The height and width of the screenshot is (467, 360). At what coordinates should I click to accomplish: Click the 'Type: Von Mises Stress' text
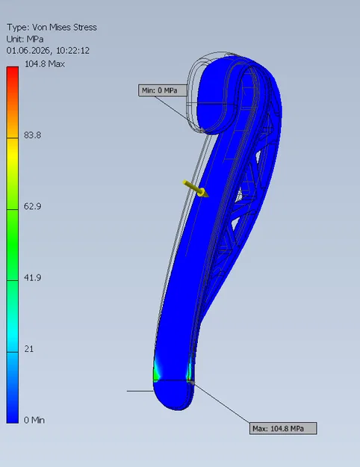pos(52,28)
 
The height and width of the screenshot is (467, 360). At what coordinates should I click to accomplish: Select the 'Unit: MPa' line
pos(25,39)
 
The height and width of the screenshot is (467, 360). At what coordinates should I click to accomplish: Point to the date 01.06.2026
pos(28,51)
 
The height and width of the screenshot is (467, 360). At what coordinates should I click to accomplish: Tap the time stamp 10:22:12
pos(72,51)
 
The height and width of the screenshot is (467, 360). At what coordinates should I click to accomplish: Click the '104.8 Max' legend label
pos(44,64)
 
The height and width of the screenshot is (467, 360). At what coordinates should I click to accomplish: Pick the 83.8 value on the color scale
pos(32,135)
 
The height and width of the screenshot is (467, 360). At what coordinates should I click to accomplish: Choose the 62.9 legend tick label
pos(32,206)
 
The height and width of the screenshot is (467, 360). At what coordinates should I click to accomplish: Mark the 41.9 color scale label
pos(32,277)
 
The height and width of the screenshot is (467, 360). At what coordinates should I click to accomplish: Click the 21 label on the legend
pos(29,349)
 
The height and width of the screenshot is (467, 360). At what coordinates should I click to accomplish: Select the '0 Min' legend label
pos(34,420)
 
